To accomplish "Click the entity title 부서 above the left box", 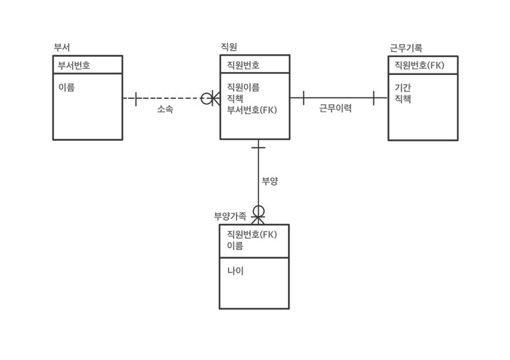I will [x=62, y=47].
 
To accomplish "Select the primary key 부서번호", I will [x=74, y=65].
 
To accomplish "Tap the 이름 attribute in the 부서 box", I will [x=66, y=88].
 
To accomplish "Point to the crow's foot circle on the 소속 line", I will [x=207, y=98].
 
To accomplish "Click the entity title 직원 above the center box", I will [x=228, y=47].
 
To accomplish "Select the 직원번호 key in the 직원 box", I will [x=243, y=65].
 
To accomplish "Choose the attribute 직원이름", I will [x=243, y=87].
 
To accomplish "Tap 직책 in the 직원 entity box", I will [x=235, y=98].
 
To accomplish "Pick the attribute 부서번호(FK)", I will [x=252, y=110].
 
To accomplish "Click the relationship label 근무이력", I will [x=335, y=109].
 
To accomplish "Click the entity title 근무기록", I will [x=406, y=48].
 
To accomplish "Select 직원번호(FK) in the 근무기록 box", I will [x=419, y=65].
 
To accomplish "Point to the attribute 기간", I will [x=403, y=88].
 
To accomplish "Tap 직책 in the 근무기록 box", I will [x=403, y=99].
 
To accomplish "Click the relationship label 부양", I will [x=270, y=181].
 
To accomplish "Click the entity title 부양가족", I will [x=230, y=216].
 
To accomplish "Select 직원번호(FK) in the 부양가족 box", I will [x=252, y=234].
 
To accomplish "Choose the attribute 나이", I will [x=235, y=271].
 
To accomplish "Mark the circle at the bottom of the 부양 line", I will [x=258, y=212].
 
